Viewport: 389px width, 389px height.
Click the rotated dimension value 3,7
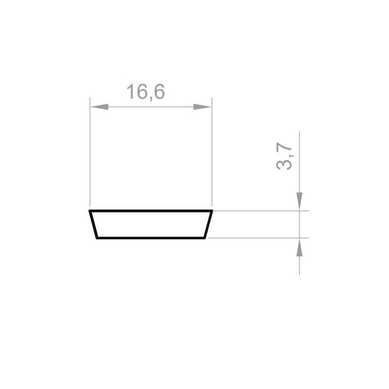[x=284, y=156]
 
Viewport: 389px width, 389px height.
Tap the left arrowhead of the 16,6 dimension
[x=99, y=106]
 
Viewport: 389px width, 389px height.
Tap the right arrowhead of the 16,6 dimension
[x=202, y=106]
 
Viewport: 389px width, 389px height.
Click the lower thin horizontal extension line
[x=258, y=238]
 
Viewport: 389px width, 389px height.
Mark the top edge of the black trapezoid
[x=151, y=211]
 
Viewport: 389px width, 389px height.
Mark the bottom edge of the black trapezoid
[x=151, y=238]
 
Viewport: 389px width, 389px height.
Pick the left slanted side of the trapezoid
[x=93, y=225]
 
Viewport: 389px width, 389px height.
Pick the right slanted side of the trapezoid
[x=209, y=225]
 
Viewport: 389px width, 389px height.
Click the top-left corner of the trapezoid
[x=90, y=211]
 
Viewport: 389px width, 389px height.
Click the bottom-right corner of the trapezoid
[x=205, y=238]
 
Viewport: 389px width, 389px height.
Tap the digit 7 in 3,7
[x=284, y=147]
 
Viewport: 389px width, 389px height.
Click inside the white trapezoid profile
[x=151, y=225]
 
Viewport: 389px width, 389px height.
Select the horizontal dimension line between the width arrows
[x=151, y=106]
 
